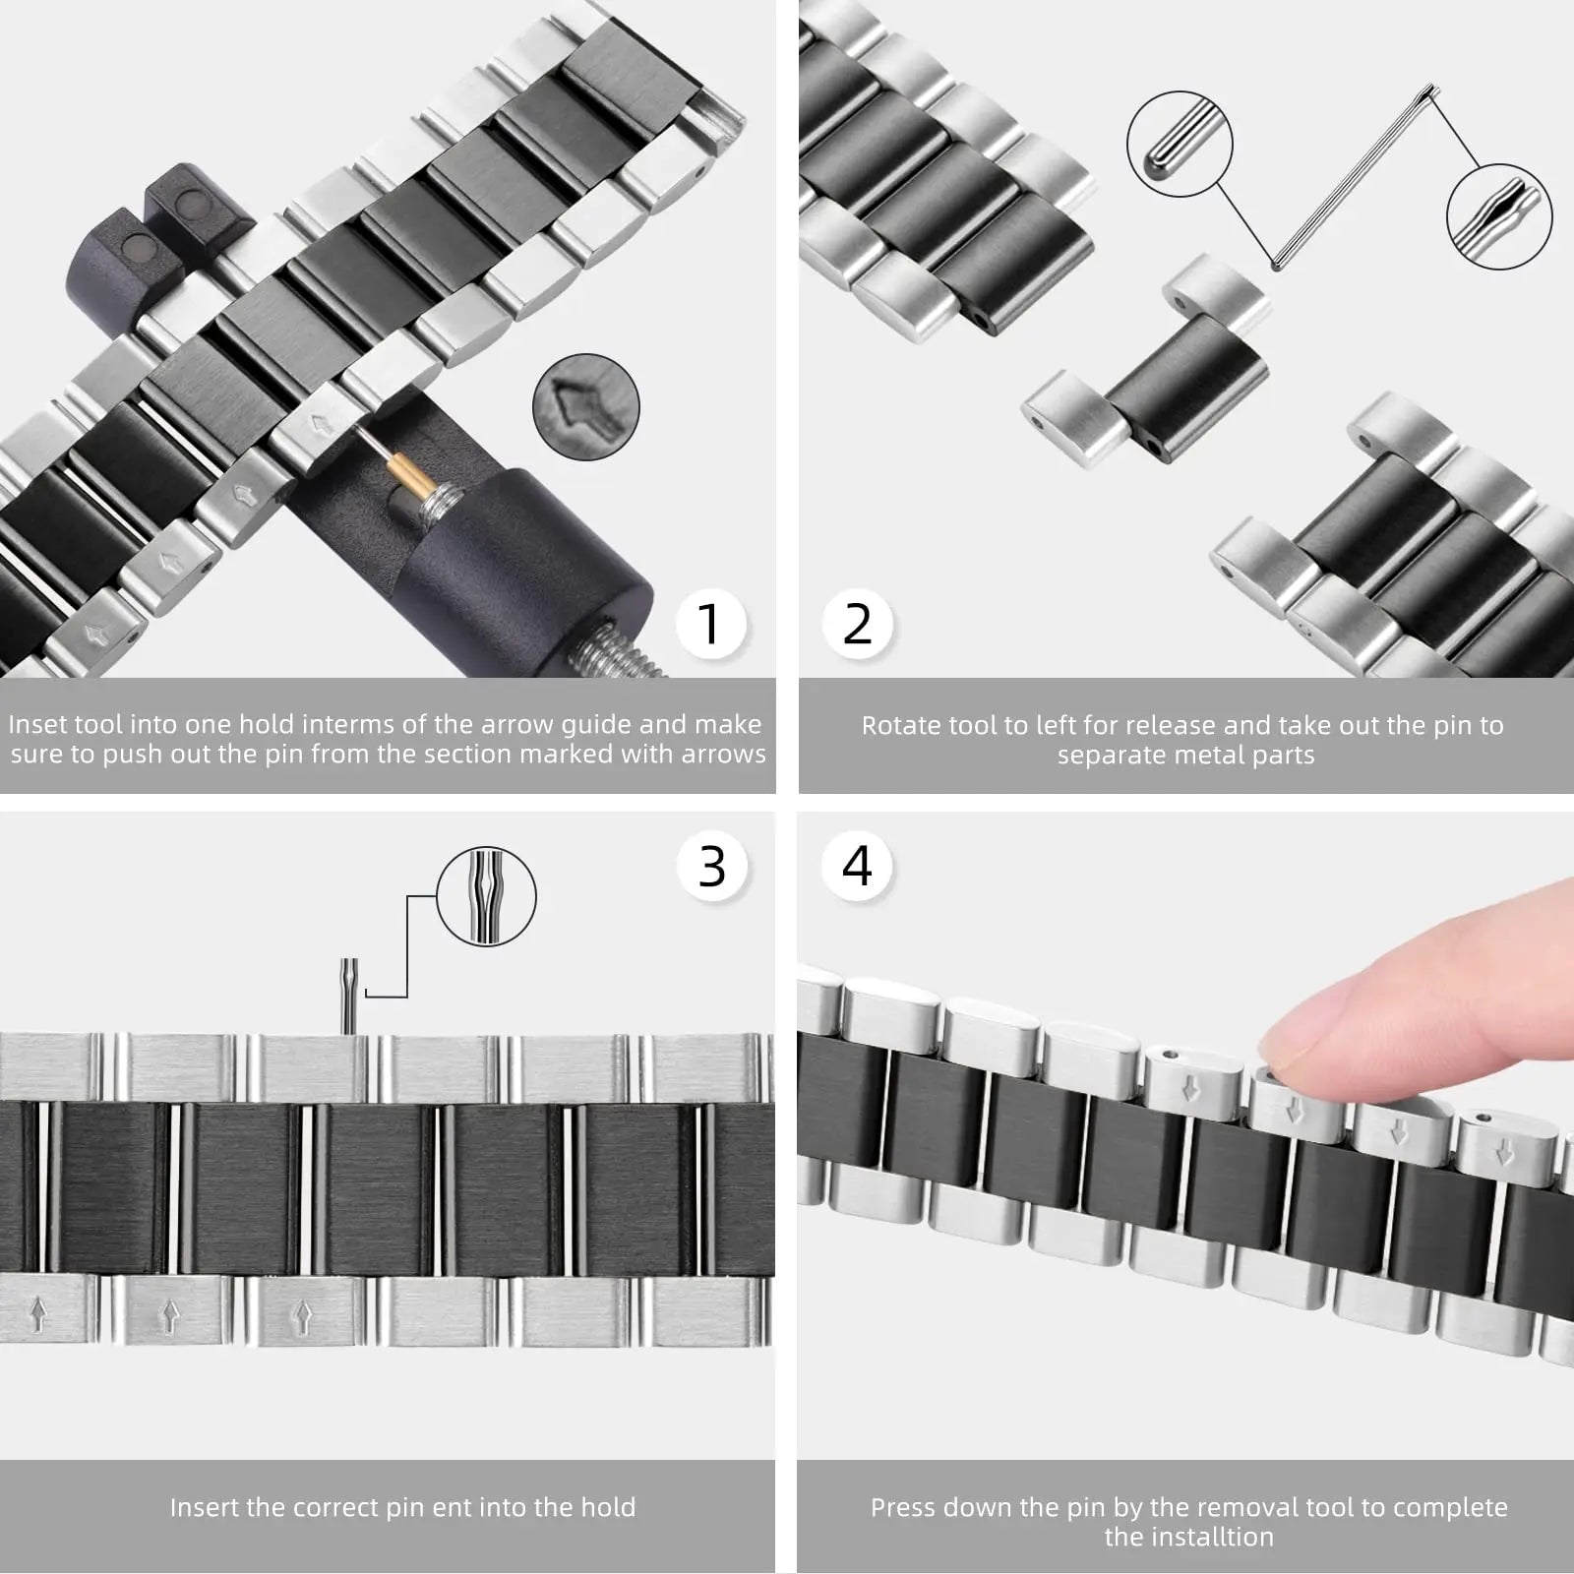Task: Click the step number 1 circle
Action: coord(709,624)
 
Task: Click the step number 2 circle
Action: coord(857,624)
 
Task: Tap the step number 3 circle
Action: coord(711,867)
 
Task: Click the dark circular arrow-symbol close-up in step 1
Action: coord(586,407)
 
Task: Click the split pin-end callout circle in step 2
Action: coord(1498,216)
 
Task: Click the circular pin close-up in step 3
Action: coord(486,897)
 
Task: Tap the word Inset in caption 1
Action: coord(36,725)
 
